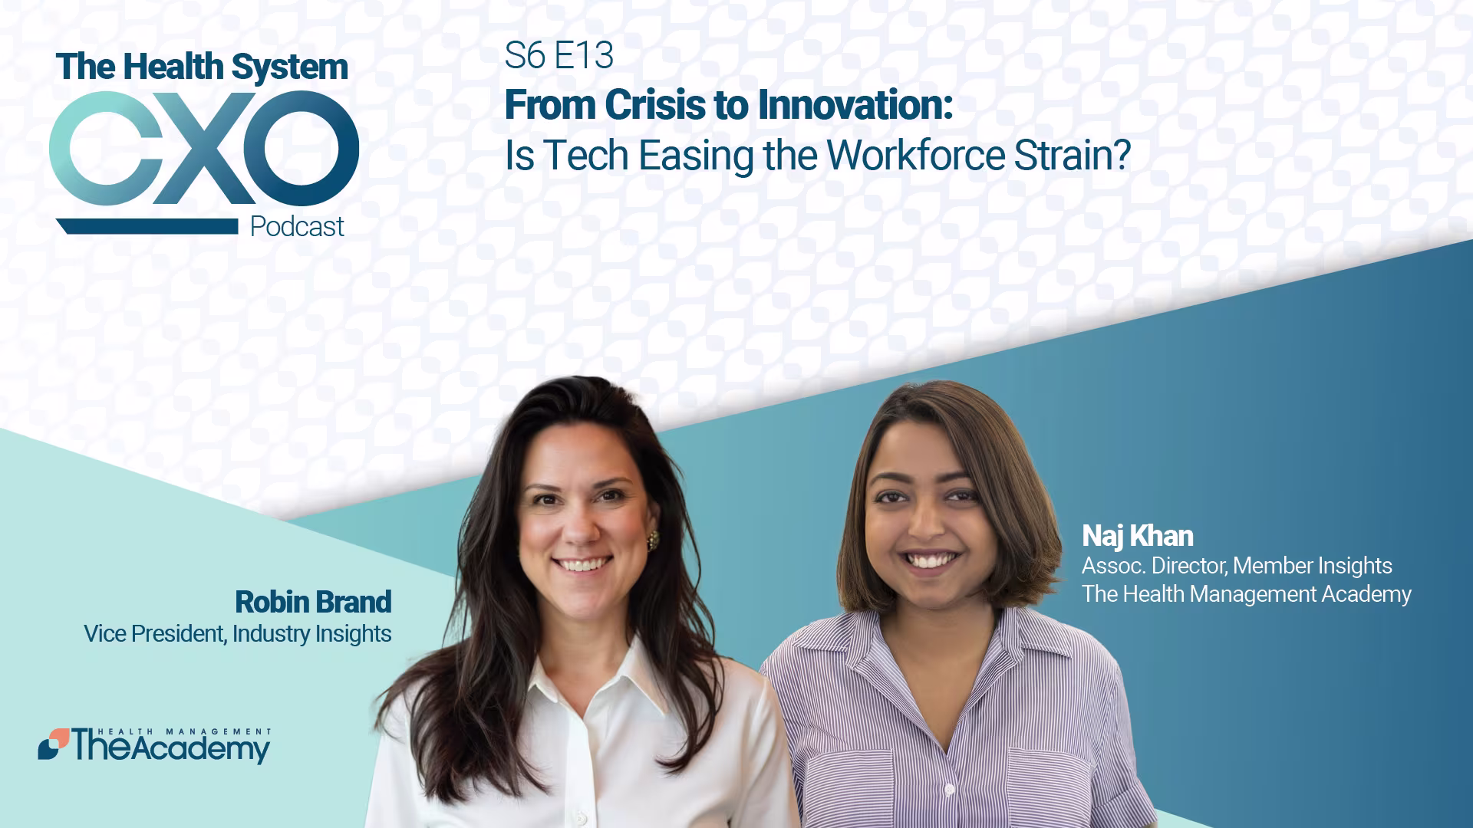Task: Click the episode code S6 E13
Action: coord(559,55)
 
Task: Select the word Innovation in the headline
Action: coord(852,105)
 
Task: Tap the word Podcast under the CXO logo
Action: coord(297,227)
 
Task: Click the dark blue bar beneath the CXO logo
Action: coord(147,226)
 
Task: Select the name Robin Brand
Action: coord(313,602)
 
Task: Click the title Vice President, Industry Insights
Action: coord(238,634)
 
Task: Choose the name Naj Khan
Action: coord(1138,536)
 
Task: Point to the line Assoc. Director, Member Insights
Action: coord(1237,566)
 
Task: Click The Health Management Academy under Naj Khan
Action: coord(1247,594)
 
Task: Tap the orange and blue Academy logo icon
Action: coord(53,744)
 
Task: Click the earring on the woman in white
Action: coord(653,540)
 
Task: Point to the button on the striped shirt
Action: coord(949,789)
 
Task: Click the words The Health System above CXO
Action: coord(202,67)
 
